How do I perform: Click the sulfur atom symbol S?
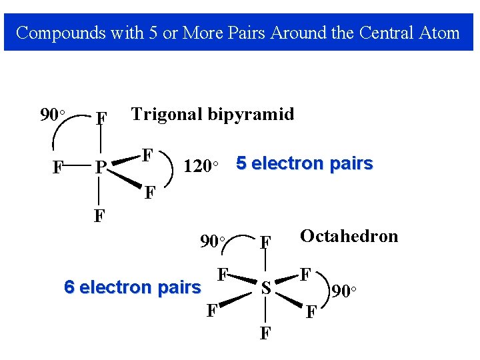(266, 289)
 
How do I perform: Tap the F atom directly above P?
(101, 119)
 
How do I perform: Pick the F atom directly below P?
(99, 216)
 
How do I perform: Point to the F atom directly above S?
(265, 243)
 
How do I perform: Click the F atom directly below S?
(265, 333)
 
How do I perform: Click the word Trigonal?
(167, 114)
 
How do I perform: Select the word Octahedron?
(349, 236)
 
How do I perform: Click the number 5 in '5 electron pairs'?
(241, 163)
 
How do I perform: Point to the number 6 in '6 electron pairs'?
(69, 287)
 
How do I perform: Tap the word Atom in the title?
(443, 33)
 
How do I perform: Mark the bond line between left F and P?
(79, 165)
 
